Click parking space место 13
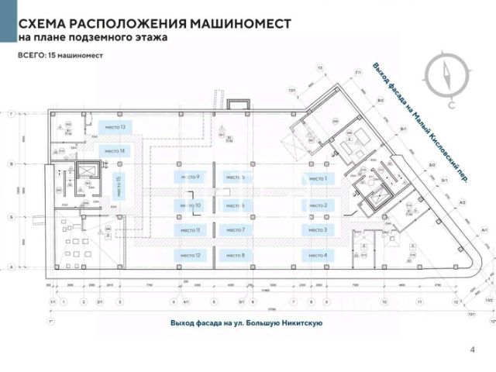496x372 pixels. pyautogui.click(x=112, y=126)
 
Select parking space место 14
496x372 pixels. pyautogui.click(x=112, y=150)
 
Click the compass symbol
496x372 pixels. pyautogui.click(x=448, y=77)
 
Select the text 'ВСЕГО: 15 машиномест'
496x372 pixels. pyautogui.click(x=60, y=57)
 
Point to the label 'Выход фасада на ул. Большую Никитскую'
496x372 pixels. pyautogui.click(x=246, y=322)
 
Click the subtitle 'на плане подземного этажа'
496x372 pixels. pyautogui.click(x=91, y=37)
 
